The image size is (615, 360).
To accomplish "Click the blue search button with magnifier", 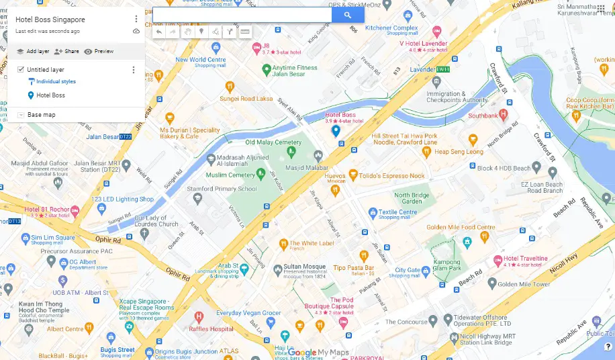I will pyautogui.click(x=348, y=15).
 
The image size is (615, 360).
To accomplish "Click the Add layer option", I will pyautogui.click(x=33, y=51).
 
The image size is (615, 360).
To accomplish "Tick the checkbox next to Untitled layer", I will pyautogui.click(x=21, y=69).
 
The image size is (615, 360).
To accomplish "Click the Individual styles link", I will pyautogui.click(x=56, y=81).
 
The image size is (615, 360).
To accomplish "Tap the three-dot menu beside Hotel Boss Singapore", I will pyautogui.click(x=136, y=19).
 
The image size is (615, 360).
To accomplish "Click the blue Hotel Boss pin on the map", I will pyautogui.click(x=336, y=131).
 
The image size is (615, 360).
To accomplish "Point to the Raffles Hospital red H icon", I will pyautogui.click(x=199, y=316).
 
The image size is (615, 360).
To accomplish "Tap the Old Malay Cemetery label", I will pyautogui.click(x=273, y=142).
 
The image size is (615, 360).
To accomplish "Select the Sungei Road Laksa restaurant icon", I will pyautogui.click(x=230, y=86).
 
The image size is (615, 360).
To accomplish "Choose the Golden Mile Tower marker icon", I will pyautogui.click(x=491, y=284).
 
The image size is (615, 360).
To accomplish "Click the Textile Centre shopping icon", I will pyautogui.click(x=373, y=213).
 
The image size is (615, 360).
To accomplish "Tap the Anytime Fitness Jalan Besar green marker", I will pyautogui.click(x=266, y=69).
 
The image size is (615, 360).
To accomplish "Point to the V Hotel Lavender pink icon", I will pyautogui.click(x=437, y=31).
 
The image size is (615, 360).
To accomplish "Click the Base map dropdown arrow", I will pyautogui.click(x=21, y=115).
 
